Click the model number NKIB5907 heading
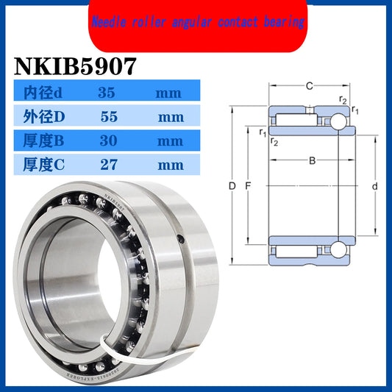(x=74, y=66)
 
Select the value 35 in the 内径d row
(x=107, y=93)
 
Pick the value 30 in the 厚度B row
(x=107, y=140)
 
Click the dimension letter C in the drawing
(x=310, y=86)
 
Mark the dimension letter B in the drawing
(x=312, y=160)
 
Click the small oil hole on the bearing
(x=181, y=238)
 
